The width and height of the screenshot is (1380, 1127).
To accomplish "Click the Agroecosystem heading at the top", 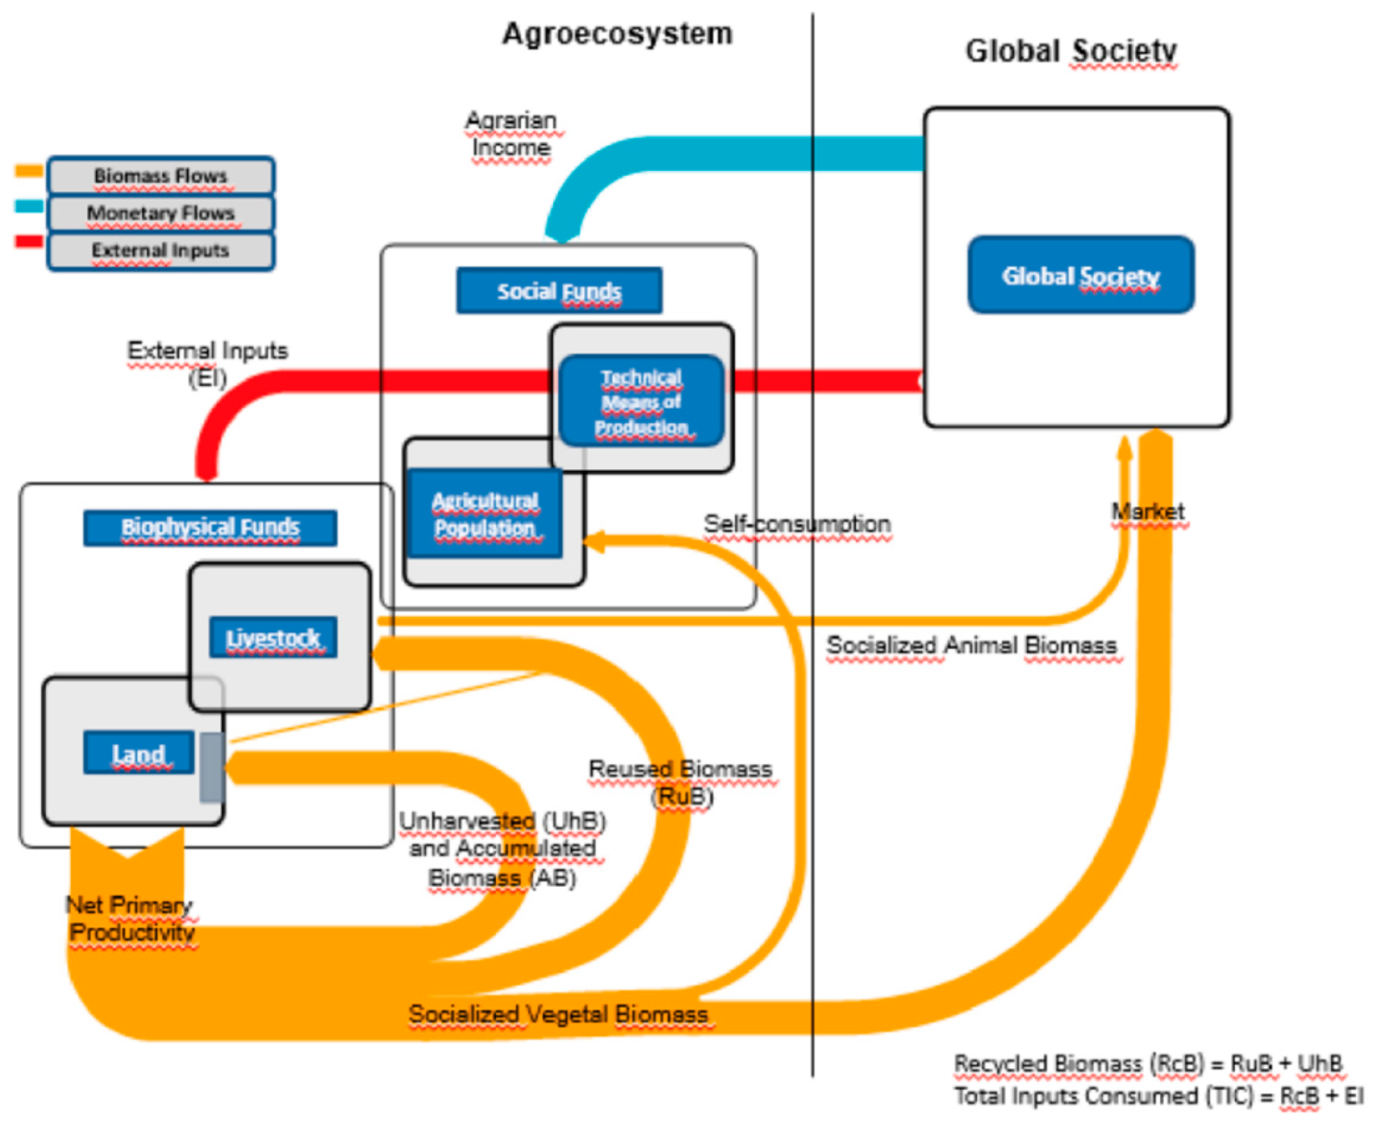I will tap(617, 34).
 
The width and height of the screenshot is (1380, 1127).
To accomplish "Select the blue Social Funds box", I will tap(559, 291).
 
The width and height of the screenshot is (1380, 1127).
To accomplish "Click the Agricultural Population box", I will tap(485, 513).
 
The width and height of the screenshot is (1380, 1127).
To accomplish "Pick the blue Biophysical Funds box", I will tap(210, 527).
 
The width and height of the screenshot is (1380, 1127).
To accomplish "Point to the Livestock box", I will tap(273, 637).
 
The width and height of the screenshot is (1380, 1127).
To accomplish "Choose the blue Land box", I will tap(138, 753).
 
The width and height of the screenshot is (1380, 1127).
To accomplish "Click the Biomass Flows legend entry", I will tap(160, 175).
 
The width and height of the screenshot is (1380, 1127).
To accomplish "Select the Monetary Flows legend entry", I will tap(160, 213).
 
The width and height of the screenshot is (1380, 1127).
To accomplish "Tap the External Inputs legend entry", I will tap(160, 250).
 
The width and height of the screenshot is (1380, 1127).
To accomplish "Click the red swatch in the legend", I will tap(29, 242).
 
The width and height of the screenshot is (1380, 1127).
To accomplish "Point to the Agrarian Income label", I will tap(512, 134).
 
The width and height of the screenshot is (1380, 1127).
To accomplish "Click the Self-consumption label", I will tap(797, 524).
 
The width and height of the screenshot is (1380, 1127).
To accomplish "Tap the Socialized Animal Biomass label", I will tap(971, 645).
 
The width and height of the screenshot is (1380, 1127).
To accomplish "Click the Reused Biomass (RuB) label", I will tap(680, 782).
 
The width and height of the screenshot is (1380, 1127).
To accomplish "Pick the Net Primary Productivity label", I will tap(131, 919).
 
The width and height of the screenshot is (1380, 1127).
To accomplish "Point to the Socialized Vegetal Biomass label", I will tap(559, 1014).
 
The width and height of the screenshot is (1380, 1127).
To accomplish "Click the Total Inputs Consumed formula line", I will tap(1158, 1097).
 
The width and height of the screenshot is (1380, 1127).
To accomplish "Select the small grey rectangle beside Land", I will tap(213, 767).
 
